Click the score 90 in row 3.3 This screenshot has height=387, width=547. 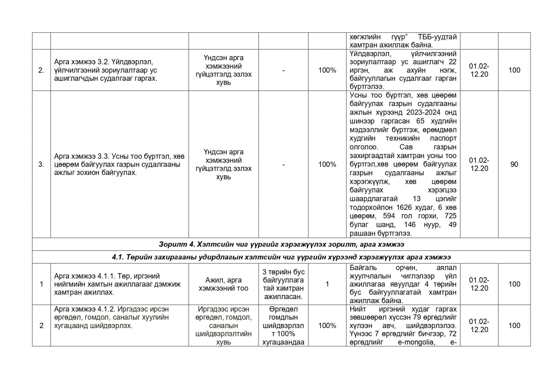(514, 164)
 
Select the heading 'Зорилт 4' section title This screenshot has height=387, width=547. (281, 244)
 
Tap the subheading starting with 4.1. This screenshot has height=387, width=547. (281, 257)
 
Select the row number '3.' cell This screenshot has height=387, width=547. (41, 164)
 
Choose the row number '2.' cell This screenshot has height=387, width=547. (41, 70)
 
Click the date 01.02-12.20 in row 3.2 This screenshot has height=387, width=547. (479, 70)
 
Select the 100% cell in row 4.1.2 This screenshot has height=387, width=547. (327, 325)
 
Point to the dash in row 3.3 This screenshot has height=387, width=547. (283, 164)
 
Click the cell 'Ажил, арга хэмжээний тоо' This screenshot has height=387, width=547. (223, 284)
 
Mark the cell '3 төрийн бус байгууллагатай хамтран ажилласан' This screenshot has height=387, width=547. (283, 284)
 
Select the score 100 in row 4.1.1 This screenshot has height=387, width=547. (514, 284)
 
